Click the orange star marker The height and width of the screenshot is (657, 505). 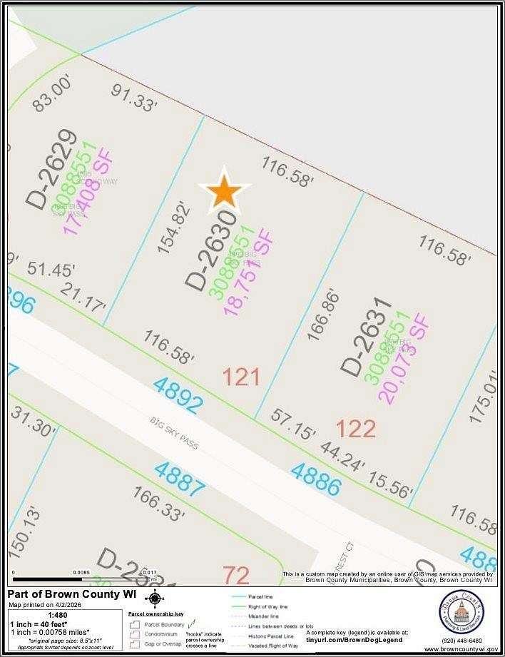225,191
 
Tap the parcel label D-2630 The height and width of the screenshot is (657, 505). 210,250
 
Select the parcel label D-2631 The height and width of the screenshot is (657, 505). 366,337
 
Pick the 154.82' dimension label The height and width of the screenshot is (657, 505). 175,228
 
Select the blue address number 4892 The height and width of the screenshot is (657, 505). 178,395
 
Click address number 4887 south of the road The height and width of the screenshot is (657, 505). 180,479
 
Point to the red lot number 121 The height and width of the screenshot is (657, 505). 241,377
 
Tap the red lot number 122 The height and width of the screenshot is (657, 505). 355,429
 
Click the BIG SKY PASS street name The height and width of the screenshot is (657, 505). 174,434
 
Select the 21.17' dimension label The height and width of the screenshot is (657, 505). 83,297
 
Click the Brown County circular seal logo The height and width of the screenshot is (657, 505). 461,613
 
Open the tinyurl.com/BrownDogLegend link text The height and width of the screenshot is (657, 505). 350,640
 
